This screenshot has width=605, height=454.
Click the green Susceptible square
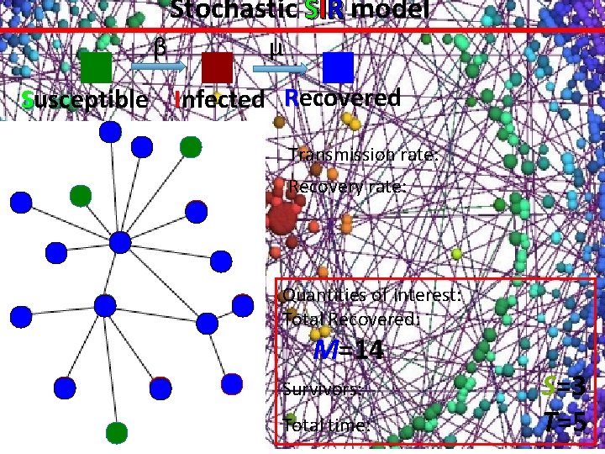(97, 67)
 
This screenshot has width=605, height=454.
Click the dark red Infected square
(217, 67)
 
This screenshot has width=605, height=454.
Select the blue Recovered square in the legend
(338, 66)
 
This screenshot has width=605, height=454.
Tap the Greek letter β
(158, 48)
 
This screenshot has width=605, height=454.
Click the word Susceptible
(84, 99)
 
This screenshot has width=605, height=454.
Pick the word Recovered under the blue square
(342, 98)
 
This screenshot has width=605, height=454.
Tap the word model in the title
(392, 10)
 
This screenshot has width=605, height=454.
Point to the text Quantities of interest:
(372, 295)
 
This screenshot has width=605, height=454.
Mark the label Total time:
(327, 425)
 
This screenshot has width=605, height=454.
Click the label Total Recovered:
(352, 319)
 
